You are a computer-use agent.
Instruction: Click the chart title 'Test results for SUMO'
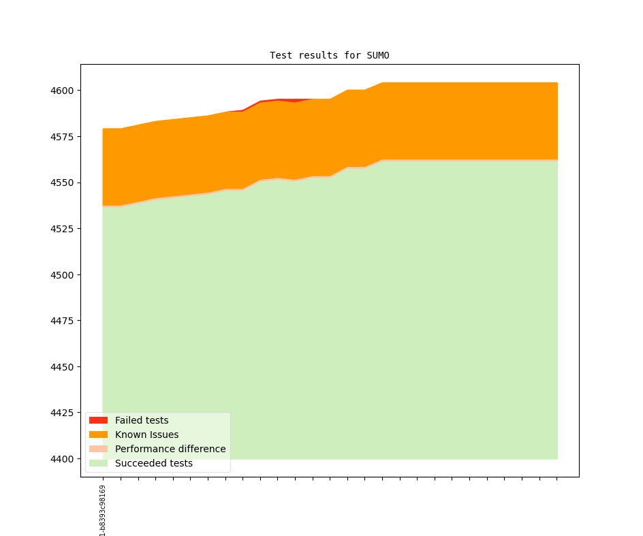click(x=329, y=55)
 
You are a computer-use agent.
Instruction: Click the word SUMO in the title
click(x=378, y=55)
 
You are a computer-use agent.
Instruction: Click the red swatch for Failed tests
click(x=98, y=420)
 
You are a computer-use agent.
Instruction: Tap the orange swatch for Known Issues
click(x=98, y=435)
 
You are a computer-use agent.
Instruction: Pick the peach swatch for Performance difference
click(x=98, y=449)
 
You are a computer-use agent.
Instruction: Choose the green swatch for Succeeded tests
click(x=98, y=463)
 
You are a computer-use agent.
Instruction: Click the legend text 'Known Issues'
click(x=146, y=435)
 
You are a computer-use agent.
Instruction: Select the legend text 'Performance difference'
click(x=170, y=449)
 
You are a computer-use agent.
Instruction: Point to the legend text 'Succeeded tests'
click(x=153, y=463)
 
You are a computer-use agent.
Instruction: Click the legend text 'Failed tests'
click(x=142, y=420)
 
